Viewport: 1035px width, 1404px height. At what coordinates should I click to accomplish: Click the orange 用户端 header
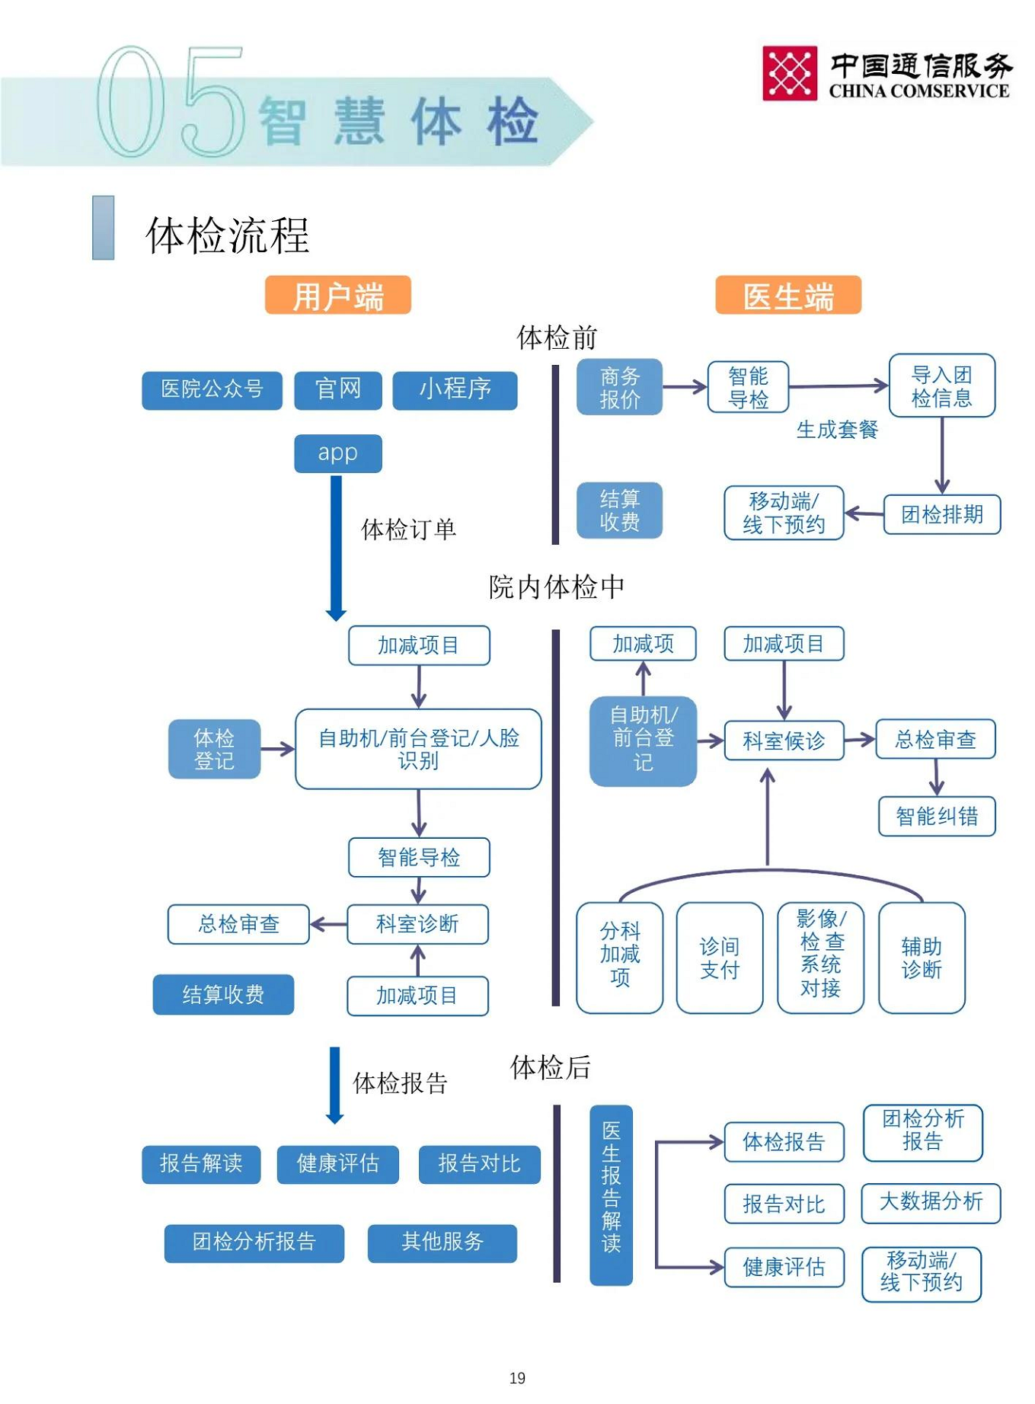coord(337,296)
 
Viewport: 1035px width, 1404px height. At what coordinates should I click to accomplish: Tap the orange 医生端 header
coord(787,296)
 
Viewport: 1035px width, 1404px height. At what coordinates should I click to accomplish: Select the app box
coord(337,453)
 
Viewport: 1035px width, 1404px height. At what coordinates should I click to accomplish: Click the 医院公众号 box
coord(212,390)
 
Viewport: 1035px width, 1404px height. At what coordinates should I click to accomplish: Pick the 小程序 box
coord(455,390)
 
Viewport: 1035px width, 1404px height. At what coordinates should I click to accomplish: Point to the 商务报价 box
coord(619,387)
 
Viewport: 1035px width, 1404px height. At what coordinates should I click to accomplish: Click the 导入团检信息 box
coord(941,386)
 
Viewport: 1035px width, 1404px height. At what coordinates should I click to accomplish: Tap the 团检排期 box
coord(941,515)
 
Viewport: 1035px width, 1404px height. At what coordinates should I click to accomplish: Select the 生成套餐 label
coord(836,430)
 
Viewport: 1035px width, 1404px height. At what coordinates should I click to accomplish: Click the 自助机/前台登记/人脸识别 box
coord(418,749)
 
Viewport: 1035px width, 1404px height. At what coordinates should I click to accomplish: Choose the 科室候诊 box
coord(783,740)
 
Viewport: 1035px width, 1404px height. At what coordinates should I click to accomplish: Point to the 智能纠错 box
coord(936,817)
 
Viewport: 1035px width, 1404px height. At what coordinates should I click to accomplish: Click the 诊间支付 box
coord(719,958)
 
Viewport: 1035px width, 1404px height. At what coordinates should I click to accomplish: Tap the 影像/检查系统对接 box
coord(820,958)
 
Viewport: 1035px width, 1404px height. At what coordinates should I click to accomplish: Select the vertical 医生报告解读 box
coord(611,1195)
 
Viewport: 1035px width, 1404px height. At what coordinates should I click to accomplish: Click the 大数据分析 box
coord(931,1203)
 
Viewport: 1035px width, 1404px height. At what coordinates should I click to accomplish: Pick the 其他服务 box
coord(442,1243)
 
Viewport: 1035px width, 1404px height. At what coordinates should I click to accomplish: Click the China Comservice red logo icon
coord(789,73)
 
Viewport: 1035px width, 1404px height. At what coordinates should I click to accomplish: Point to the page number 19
coord(517,1378)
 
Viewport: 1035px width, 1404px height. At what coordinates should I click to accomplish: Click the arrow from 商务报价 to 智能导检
coord(685,387)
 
